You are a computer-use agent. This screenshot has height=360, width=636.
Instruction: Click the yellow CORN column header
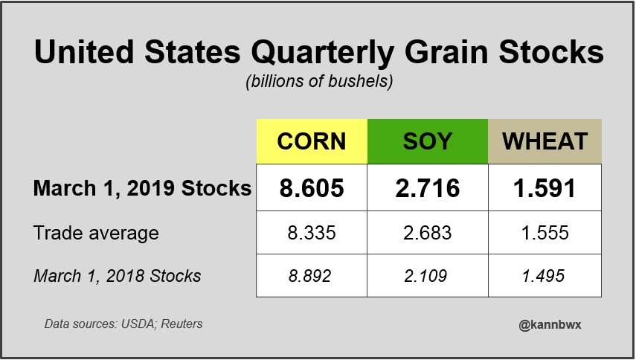(x=312, y=141)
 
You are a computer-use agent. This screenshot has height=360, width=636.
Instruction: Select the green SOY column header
(x=428, y=141)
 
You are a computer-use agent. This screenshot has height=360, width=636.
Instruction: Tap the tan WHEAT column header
(x=545, y=141)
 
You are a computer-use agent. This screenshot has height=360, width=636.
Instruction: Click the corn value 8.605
(x=312, y=188)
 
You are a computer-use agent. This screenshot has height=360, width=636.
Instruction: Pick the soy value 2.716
(x=428, y=188)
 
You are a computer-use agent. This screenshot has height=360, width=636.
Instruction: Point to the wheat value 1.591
(x=545, y=188)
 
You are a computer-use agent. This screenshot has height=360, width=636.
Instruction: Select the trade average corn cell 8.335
(x=312, y=233)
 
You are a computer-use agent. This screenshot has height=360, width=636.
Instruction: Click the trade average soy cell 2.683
(x=428, y=233)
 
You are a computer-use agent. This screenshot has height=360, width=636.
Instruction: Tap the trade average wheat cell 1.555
(x=545, y=233)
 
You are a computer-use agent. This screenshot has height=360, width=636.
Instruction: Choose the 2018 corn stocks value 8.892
(x=312, y=276)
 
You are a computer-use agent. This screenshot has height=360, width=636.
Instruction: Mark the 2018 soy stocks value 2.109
(x=428, y=276)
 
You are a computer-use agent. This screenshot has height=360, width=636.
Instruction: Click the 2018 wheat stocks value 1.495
(x=545, y=276)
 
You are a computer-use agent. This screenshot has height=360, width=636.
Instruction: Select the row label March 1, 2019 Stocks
(x=142, y=188)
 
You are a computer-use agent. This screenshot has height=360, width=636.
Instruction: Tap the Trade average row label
(x=96, y=233)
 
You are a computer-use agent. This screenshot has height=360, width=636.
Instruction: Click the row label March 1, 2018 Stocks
(x=117, y=276)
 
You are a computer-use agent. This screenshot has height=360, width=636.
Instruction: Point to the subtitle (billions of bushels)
(x=318, y=82)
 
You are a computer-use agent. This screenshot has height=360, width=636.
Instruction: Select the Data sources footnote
(x=123, y=324)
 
